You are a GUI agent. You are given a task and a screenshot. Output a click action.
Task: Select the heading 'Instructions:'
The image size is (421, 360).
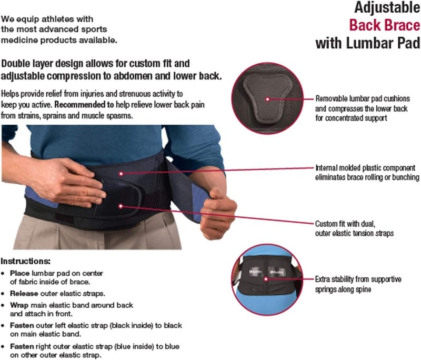click(25, 261)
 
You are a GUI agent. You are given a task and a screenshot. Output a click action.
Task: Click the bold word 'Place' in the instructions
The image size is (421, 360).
click(19, 273)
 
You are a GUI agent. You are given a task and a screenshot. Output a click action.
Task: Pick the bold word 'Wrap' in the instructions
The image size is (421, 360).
click(19, 305)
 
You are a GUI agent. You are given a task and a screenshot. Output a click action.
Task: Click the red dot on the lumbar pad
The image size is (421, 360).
click(267, 98)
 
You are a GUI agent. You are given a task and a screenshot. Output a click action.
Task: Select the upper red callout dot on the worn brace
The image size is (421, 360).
click(121, 172)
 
